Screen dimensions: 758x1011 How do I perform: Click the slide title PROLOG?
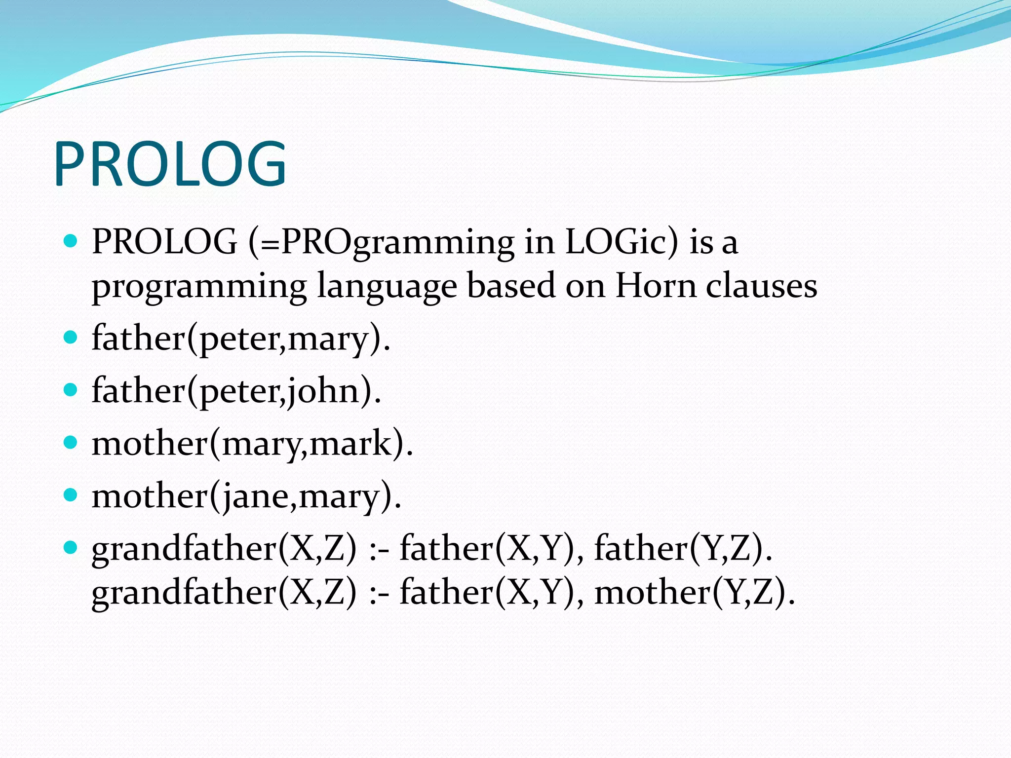(x=170, y=164)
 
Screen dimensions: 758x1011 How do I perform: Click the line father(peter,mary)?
(x=241, y=339)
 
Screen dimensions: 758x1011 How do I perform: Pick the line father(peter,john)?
(x=236, y=391)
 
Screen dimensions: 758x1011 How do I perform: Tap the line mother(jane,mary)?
(x=246, y=496)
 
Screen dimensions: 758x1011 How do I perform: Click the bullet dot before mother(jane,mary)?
(x=71, y=494)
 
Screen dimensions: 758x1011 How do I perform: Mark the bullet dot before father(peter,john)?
(x=71, y=390)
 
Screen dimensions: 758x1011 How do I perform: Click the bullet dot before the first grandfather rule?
(x=71, y=547)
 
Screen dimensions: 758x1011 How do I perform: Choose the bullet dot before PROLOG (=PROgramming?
(x=71, y=241)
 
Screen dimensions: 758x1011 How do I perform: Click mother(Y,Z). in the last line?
(x=695, y=592)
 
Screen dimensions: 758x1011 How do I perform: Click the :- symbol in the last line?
(x=379, y=593)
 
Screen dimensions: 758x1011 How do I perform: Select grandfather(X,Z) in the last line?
(x=224, y=592)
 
